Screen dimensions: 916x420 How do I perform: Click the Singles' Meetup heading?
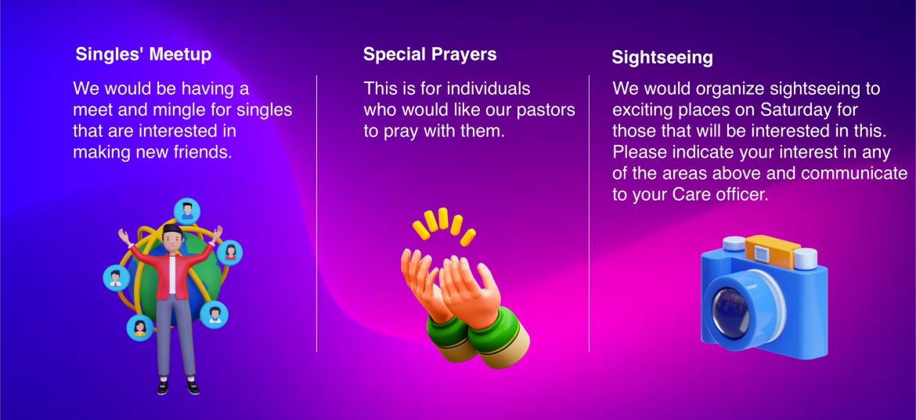click(x=143, y=54)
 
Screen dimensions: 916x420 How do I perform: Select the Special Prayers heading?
click(x=430, y=54)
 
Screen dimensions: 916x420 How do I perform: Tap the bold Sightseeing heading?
click(x=662, y=58)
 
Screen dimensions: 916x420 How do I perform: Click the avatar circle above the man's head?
click(x=187, y=211)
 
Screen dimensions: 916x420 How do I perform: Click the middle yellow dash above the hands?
click(x=443, y=218)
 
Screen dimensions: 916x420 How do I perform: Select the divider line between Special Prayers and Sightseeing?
click(x=589, y=213)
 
